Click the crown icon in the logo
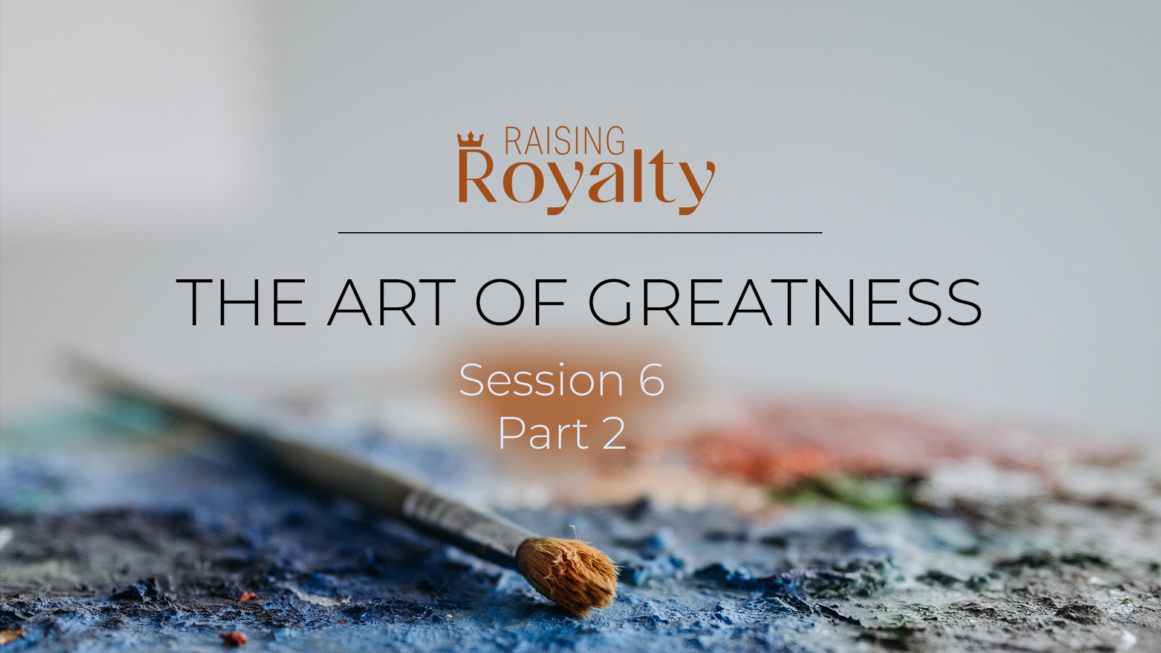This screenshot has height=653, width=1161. (470, 140)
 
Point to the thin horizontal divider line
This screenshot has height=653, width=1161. (580, 232)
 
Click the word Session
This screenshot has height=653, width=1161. (542, 380)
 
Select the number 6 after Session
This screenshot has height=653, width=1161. (652, 380)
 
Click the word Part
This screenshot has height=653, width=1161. (544, 433)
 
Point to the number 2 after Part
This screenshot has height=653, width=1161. (614, 433)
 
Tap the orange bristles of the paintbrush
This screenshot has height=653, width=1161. (568, 574)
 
